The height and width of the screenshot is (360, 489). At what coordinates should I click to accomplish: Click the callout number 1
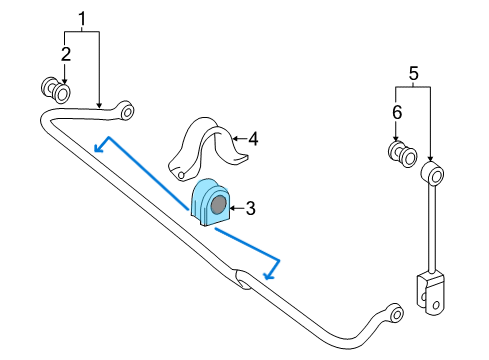(x=82, y=19)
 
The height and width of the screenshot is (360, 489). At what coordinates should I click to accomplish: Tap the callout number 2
(x=66, y=54)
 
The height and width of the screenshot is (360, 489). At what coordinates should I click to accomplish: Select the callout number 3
(x=251, y=208)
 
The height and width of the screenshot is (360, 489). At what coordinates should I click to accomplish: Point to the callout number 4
(x=253, y=139)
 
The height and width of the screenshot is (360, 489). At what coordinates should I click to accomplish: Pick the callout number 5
(x=413, y=73)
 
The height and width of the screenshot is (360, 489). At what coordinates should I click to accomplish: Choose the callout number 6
(x=397, y=112)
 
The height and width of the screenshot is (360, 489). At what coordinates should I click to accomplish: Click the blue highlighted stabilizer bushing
(x=210, y=202)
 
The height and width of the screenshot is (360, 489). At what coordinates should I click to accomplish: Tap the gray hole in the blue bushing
(x=219, y=204)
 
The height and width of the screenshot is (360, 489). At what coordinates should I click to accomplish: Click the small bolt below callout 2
(x=56, y=90)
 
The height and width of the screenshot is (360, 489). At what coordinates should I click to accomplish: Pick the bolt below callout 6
(x=403, y=154)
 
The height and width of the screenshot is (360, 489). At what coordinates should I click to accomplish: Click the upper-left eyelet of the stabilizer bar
(x=127, y=111)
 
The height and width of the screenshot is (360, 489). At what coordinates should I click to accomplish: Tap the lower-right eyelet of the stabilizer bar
(x=396, y=313)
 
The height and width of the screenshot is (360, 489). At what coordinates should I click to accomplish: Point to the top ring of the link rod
(x=432, y=173)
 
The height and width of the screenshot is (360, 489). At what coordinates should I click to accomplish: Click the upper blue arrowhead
(x=100, y=146)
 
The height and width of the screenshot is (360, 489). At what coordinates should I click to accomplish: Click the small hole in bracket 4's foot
(x=181, y=175)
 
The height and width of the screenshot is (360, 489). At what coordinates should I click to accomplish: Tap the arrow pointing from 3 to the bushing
(x=237, y=209)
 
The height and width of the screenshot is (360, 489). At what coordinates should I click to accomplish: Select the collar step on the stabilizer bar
(x=242, y=279)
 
